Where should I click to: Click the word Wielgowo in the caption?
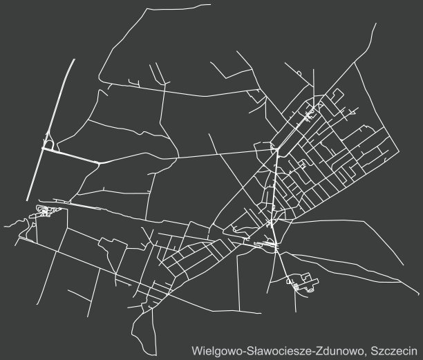coord(217,348)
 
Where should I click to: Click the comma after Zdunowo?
coord(366,352)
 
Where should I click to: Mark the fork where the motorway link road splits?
coord(100,162)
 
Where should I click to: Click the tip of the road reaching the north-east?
coord(376,24)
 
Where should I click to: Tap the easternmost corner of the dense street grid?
coord(398,147)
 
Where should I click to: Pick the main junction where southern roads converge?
coord(276,245)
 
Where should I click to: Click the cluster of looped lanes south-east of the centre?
coord(301,283)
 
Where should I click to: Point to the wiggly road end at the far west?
coord(4,225)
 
